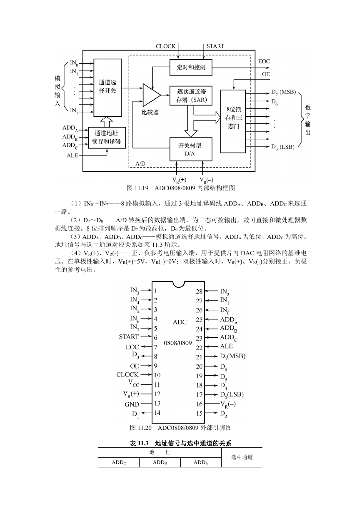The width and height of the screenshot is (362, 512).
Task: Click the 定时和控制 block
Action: [191, 68]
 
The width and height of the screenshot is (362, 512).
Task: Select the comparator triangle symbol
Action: [151, 95]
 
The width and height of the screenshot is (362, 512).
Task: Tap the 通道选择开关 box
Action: [107, 88]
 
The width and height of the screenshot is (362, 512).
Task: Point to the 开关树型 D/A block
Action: [191, 149]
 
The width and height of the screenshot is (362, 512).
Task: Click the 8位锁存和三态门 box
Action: [233, 121]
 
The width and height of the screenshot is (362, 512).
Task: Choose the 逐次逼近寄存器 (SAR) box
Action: [191, 95]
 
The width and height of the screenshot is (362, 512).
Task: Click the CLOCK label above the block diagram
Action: [165, 46]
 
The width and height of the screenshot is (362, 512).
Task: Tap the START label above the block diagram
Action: [215, 46]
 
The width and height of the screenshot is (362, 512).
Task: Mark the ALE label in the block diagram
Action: [72, 156]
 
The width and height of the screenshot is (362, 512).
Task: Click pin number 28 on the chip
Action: [199, 292]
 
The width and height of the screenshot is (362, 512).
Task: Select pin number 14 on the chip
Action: [157, 413]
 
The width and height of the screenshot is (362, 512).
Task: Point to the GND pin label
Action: [132, 404]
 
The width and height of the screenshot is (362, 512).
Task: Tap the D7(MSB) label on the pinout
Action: [233, 356]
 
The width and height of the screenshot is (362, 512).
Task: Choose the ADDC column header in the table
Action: [119, 462]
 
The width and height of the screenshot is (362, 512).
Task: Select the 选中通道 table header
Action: [242, 457]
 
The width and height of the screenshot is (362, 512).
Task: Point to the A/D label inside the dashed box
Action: [140, 164]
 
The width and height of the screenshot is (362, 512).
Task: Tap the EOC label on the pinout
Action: [132, 347]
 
